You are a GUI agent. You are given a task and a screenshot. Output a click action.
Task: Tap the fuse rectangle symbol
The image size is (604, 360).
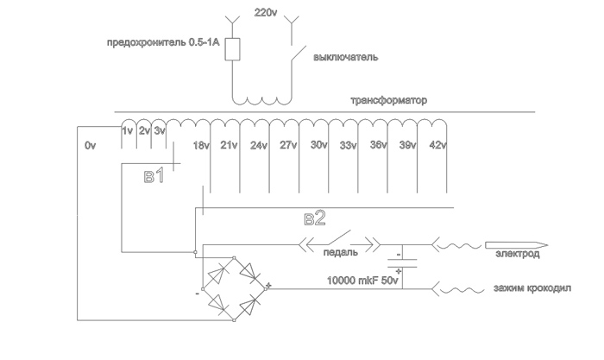(231, 49)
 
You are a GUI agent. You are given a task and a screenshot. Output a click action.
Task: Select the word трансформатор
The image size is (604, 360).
(388, 100)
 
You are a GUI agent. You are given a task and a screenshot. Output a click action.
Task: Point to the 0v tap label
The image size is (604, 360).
(91, 147)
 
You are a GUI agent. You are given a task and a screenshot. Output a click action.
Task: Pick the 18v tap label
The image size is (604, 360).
(202, 147)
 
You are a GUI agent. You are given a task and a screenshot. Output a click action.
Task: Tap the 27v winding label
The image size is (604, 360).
(289, 147)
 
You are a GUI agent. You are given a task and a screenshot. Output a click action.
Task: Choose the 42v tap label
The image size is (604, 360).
(437, 147)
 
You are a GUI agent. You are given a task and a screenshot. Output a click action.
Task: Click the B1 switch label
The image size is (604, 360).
(154, 179)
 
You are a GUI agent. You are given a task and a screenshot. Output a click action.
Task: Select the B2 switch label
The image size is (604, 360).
(315, 218)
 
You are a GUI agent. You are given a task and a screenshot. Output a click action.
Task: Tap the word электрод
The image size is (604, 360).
(517, 255)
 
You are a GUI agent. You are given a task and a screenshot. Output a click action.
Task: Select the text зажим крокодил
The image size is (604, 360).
(531, 288)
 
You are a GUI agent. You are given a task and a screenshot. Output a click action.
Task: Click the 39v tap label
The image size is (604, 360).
(406, 147)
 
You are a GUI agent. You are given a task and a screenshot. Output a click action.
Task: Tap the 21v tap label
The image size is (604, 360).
(230, 147)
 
